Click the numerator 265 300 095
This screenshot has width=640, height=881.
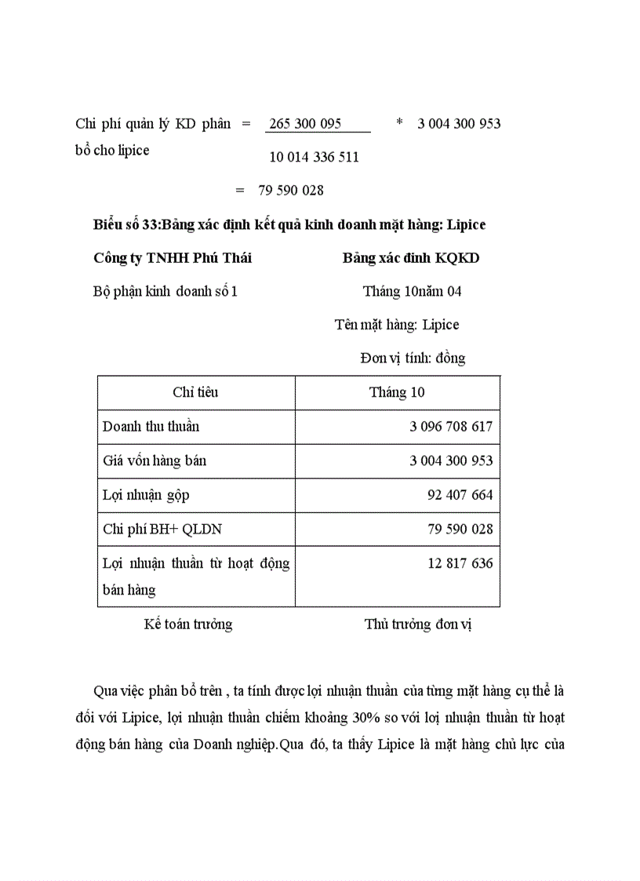coord(304,124)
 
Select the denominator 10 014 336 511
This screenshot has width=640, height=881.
coord(314,157)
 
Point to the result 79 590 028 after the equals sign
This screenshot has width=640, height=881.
coord(290,191)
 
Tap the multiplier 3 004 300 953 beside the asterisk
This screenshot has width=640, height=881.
coord(459,124)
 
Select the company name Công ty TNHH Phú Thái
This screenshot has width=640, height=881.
coord(173,258)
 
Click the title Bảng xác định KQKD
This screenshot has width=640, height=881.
coord(411,258)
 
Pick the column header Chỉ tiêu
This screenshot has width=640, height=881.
coord(195,392)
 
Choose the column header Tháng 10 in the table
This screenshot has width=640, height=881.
coord(397,392)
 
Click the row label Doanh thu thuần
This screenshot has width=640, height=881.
coord(151,427)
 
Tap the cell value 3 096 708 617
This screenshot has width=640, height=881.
coord(451,427)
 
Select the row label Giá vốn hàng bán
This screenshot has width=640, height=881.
coord(155,461)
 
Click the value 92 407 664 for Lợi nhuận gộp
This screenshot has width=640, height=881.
coord(460,495)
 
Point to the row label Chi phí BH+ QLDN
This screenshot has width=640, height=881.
coord(162,530)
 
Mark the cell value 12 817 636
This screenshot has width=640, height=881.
coord(460,563)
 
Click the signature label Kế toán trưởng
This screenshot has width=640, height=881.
coord(188,624)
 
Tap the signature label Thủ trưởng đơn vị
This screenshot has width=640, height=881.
coord(417,624)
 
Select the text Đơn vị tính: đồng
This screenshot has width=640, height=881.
coord(413,359)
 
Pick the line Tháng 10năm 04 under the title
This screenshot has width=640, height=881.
coord(412,292)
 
